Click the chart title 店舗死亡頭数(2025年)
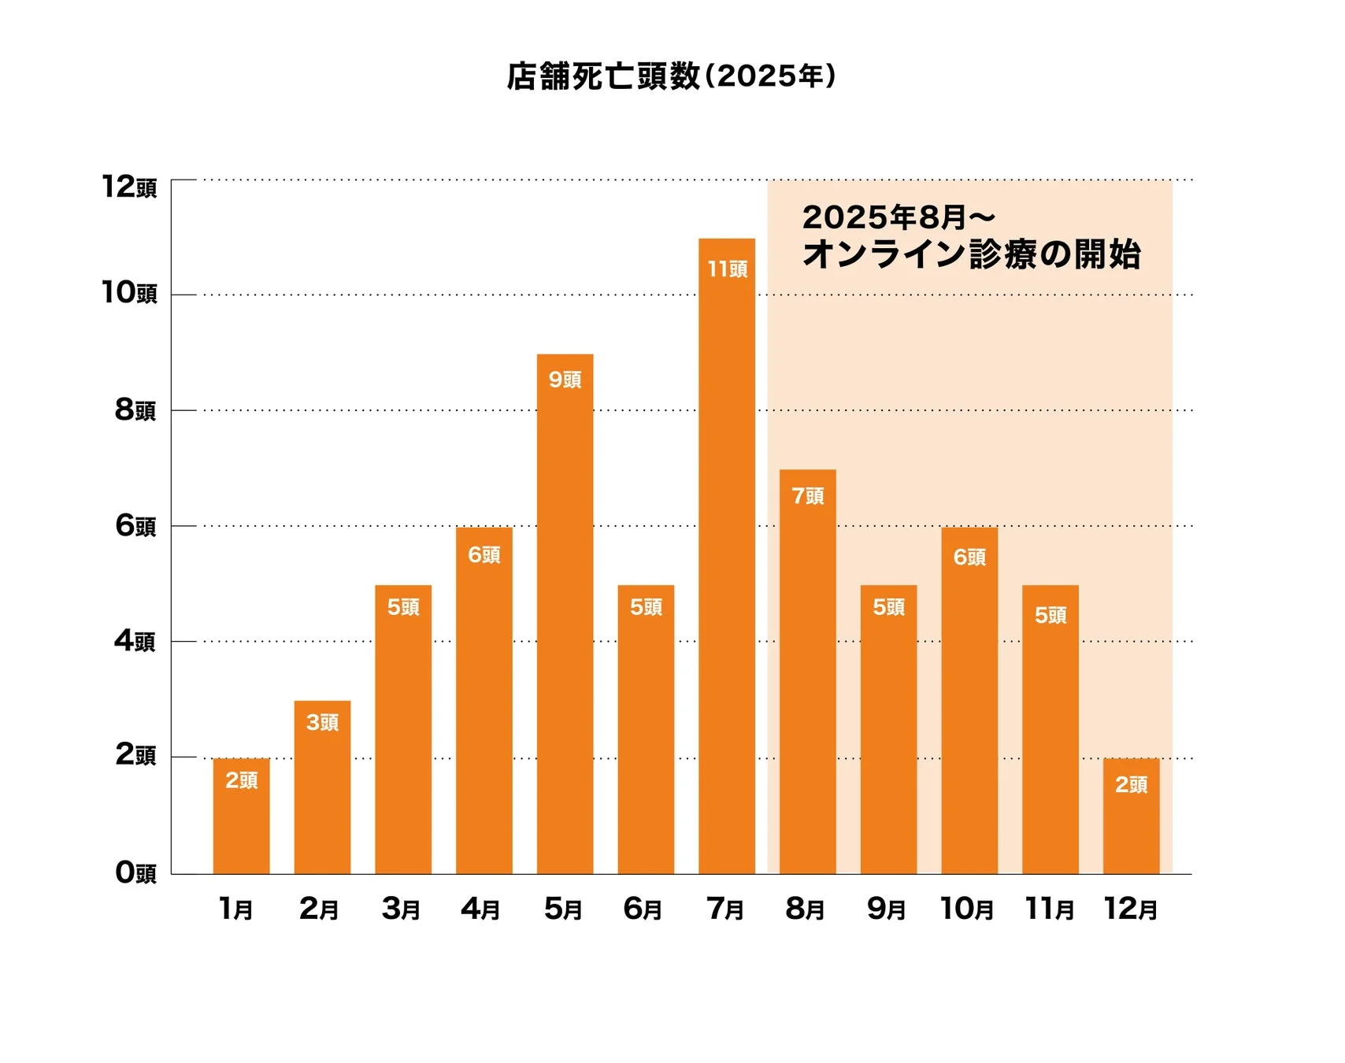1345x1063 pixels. click(x=671, y=76)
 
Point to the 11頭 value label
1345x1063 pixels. click(x=727, y=269)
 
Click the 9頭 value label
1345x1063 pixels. click(x=565, y=380)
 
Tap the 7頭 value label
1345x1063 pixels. click(x=807, y=495)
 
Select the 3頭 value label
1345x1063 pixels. click(x=322, y=722)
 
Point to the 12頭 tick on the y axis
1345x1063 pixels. click(x=129, y=187)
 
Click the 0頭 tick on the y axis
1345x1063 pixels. click(x=135, y=872)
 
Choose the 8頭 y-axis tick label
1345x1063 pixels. click(x=135, y=409)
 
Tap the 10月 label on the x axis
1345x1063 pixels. click(x=967, y=909)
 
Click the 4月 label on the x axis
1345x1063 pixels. click(x=481, y=909)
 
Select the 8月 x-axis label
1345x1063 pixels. click(x=805, y=909)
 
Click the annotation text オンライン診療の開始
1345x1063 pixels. click(x=971, y=254)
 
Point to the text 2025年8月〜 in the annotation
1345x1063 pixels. click(x=899, y=217)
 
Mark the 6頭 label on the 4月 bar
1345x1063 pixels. click(x=484, y=554)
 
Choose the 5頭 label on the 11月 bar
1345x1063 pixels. click(x=1050, y=615)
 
